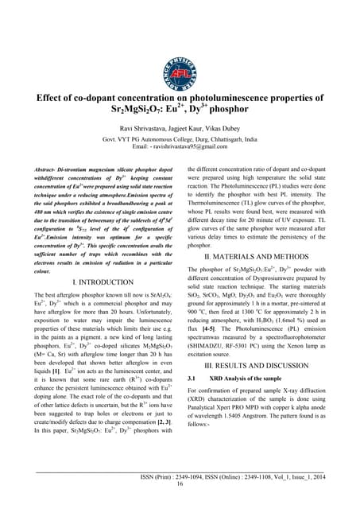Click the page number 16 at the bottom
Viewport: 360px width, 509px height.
180,484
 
